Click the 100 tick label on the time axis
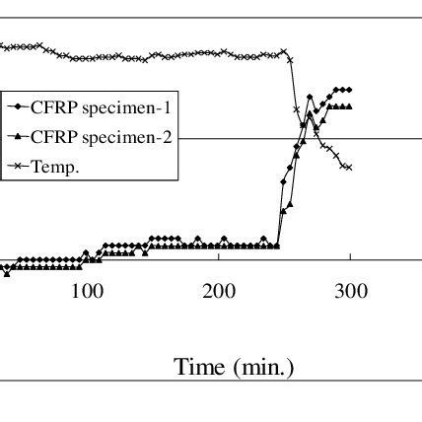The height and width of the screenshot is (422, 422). pos(87,291)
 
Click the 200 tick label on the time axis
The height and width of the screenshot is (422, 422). pos(219,291)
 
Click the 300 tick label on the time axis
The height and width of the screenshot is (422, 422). pos(351,291)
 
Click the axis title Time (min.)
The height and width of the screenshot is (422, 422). pos(234,368)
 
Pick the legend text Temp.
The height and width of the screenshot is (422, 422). pos(55,167)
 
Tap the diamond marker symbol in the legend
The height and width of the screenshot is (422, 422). pos(18,106)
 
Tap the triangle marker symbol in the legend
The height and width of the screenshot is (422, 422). pos(18,137)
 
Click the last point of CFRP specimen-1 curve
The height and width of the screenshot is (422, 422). pos(350,89)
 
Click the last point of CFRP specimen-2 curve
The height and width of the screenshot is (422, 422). pos(350,105)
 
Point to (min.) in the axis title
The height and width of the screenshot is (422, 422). pos(262,368)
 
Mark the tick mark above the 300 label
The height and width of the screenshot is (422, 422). pos(351,257)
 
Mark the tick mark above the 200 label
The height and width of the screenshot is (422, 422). pos(219,257)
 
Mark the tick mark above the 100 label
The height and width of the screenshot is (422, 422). pos(87,257)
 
